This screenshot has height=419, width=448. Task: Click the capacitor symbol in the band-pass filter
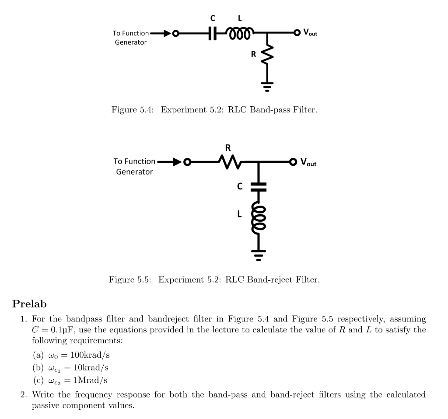(213, 33)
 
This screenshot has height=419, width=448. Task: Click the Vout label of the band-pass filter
(310, 33)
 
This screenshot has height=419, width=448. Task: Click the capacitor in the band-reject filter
(259, 186)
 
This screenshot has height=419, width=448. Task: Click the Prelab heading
(30, 303)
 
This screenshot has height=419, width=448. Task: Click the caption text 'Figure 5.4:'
(132, 109)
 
